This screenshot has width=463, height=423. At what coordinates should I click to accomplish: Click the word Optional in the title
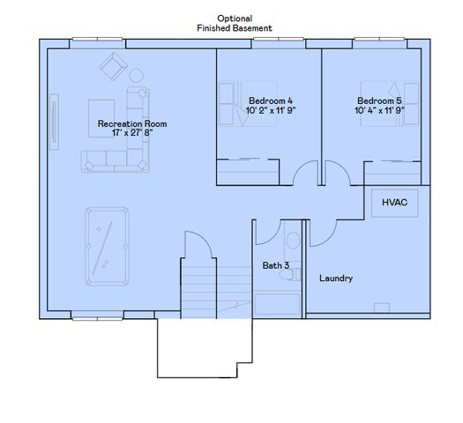point(234,19)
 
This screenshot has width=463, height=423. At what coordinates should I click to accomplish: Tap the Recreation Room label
point(131,124)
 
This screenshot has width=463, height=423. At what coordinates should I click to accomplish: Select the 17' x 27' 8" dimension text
point(131,134)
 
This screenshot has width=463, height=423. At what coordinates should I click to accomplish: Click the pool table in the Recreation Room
point(107,246)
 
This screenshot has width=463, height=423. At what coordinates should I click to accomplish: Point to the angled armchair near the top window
point(113,67)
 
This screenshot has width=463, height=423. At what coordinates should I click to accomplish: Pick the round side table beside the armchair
point(136,75)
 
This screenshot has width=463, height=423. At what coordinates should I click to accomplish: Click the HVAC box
point(393,203)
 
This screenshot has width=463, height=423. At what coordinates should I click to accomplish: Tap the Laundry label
point(336,278)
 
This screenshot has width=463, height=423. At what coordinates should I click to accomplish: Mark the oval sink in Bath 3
point(287,275)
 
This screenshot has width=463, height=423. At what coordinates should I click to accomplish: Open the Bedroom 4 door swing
point(305,174)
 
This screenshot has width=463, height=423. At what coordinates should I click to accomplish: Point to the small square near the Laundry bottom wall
point(382,307)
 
